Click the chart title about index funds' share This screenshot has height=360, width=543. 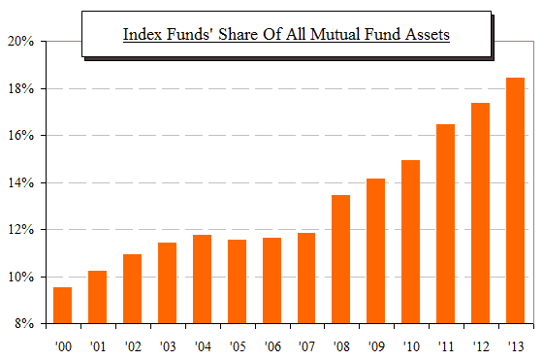tap(288, 35)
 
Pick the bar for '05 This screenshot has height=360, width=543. tap(236, 281)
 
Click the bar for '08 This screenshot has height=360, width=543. tap(340, 259)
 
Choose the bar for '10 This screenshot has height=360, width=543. tap(410, 242)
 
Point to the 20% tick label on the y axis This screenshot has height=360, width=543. tap(21, 42)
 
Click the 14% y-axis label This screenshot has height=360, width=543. tap(21, 183)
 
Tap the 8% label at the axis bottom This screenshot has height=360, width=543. tap(24, 324)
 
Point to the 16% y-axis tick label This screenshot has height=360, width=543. tap(21, 136)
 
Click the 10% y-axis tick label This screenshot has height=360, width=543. tap(21, 278)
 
